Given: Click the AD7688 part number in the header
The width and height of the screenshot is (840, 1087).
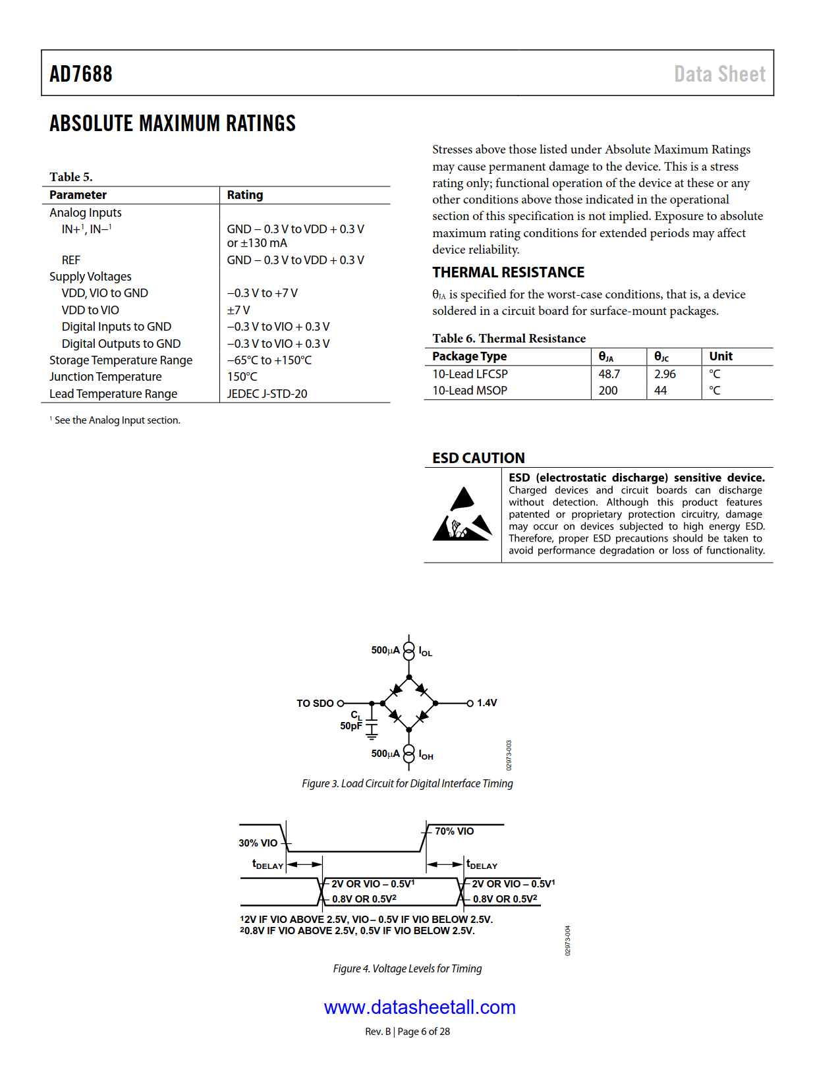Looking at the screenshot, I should point(81,74).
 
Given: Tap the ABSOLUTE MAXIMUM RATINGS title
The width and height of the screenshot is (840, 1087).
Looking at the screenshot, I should point(173,123).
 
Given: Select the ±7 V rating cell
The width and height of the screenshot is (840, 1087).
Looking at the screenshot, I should point(238,310).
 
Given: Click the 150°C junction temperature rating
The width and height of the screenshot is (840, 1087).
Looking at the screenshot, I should point(242,377).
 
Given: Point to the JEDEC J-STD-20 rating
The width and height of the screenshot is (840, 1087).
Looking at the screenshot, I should point(267,393).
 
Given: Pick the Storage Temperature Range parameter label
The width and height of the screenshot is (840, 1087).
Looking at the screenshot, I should point(121,360).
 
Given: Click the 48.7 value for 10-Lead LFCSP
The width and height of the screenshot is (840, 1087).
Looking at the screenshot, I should point(609,374).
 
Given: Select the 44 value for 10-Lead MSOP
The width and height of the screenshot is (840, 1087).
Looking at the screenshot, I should point(660,390).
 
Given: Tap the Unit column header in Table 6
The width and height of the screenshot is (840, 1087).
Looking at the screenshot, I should point(721,356).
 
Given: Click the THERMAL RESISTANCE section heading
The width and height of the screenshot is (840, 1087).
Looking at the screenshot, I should point(508,272).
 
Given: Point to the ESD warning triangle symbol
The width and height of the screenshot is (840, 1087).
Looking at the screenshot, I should point(462,515).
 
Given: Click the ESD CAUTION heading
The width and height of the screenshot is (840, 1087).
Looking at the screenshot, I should point(478,458).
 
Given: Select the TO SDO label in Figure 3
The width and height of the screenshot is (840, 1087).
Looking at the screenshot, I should point(315,704).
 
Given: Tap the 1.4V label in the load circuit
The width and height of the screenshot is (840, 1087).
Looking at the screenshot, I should point(487,703).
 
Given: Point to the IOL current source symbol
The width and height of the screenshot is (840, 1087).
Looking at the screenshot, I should point(409,650).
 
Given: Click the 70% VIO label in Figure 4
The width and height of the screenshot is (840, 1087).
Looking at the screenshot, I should point(454,831).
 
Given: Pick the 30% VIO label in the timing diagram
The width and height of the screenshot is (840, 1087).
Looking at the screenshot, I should point(258,843).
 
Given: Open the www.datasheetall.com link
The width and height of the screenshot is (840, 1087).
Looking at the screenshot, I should point(420,1007).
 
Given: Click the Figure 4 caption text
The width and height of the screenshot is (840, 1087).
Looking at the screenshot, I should point(407,968).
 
